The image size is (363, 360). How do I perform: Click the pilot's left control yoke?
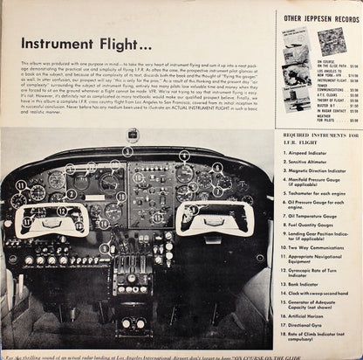coord(53,218)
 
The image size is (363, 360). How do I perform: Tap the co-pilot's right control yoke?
coord(214,218)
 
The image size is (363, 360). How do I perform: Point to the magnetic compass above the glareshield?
coord(132,136)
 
